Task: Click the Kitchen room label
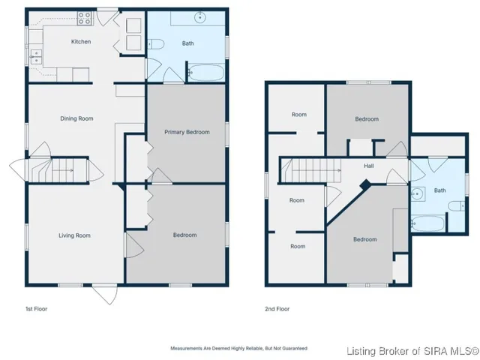tap(80, 42)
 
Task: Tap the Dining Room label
tap(76, 118)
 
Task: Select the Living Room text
tap(74, 235)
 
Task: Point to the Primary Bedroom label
tap(185, 133)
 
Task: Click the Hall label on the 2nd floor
tap(369, 166)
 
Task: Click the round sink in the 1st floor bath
tap(202, 17)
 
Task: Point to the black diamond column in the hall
tap(364, 184)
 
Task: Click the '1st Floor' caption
tap(37, 308)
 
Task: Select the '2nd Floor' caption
tap(277, 308)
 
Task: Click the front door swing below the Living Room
tap(105, 294)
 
